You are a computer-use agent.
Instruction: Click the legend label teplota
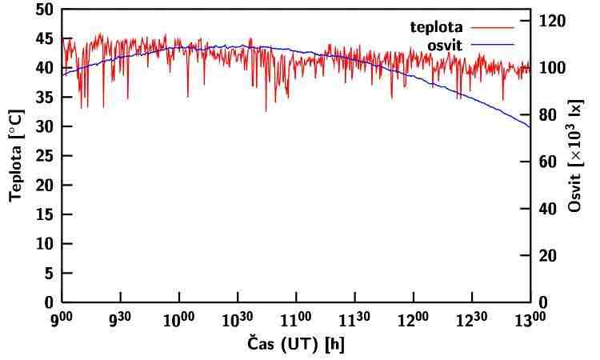point(437,27)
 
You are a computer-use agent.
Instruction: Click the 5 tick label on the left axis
point(49,273)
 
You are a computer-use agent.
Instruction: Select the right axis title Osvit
point(575,156)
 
